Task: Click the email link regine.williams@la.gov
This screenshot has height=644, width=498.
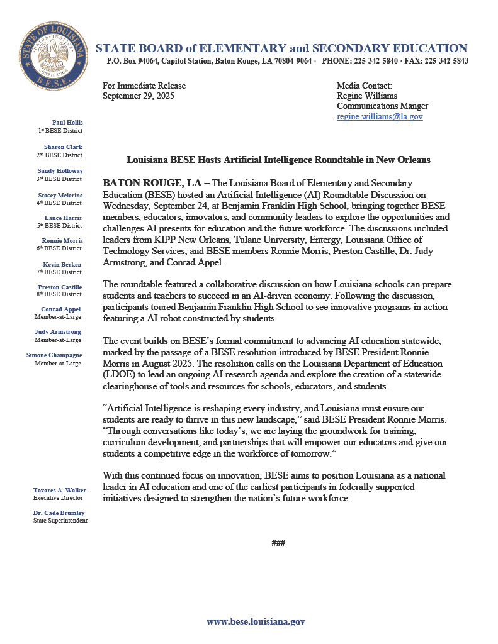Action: click(380, 116)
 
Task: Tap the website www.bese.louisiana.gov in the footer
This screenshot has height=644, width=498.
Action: click(256, 621)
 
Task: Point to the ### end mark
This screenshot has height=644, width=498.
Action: click(278, 542)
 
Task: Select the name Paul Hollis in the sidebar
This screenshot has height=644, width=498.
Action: click(67, 122)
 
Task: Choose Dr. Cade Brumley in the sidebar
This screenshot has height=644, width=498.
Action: click(60, 513)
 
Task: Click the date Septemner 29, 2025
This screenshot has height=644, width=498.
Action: click(139, 96)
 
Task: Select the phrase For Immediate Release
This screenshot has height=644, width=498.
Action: click(144, 86)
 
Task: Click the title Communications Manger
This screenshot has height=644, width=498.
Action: click(382, 106)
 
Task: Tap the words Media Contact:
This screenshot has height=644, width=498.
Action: click(364, 86)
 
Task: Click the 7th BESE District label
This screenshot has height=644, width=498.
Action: click(59, 272)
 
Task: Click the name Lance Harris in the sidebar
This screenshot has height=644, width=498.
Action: click(65, 218)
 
